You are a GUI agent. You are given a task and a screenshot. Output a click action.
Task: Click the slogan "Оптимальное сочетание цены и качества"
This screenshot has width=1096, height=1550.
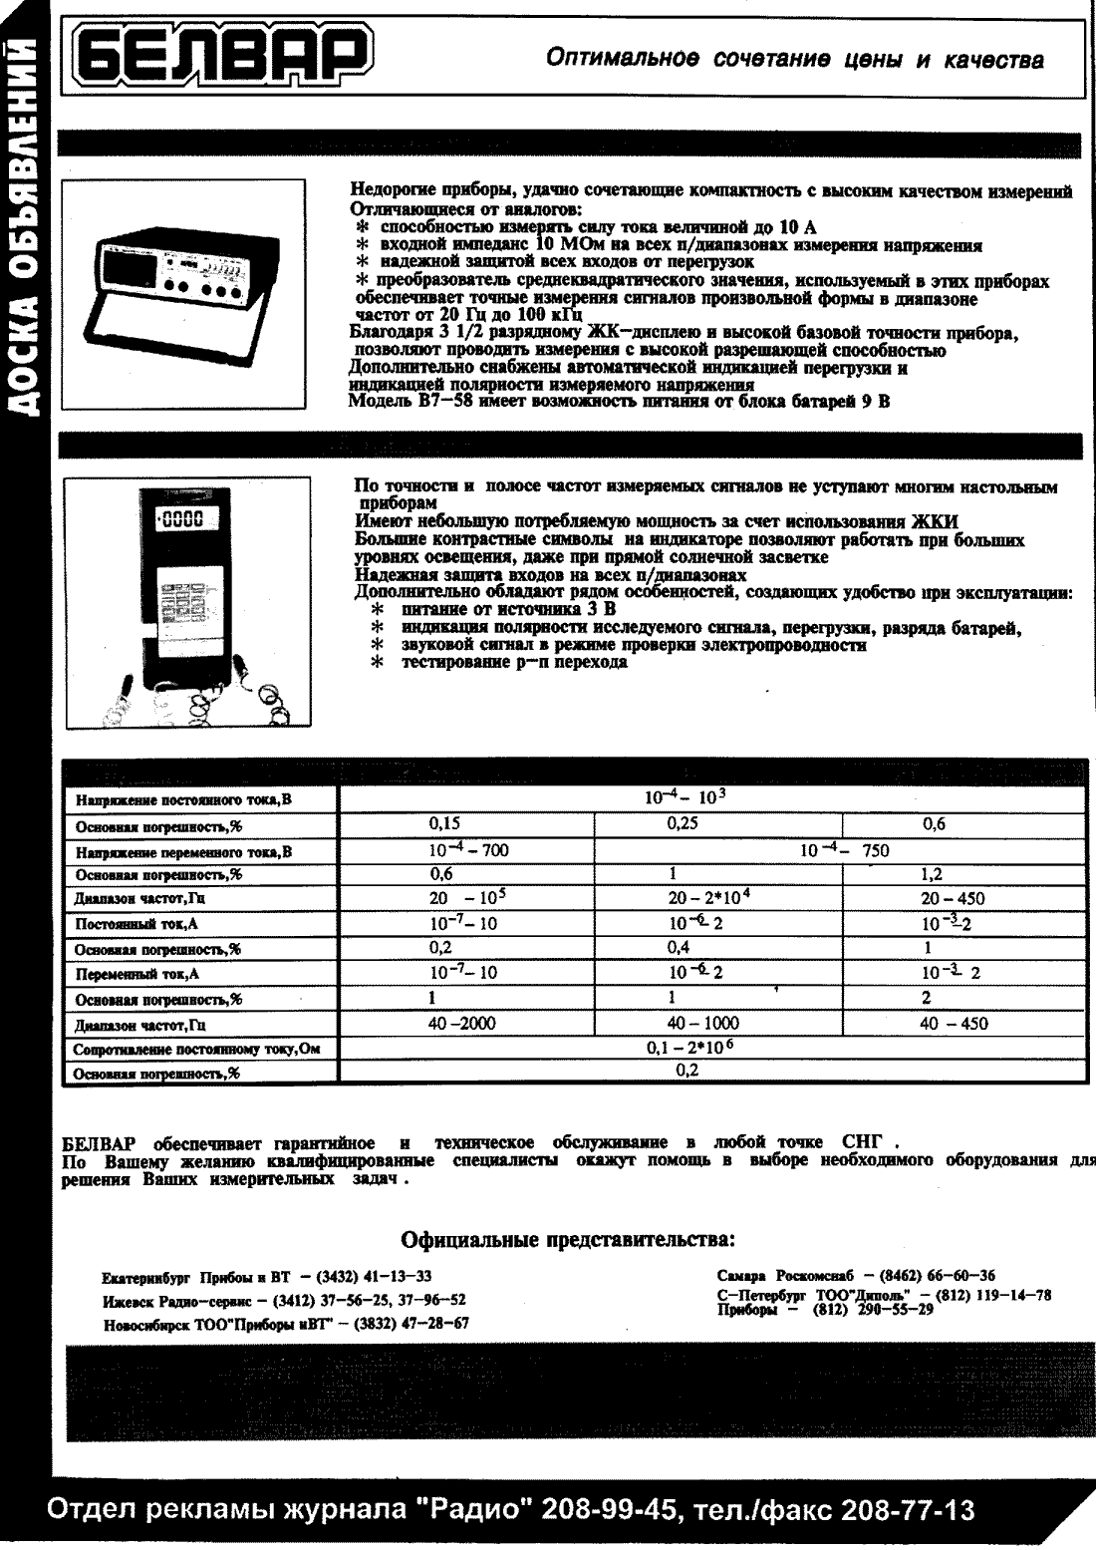pos(795,60)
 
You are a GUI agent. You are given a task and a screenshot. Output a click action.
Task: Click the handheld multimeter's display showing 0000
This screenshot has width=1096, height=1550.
pos(180,518)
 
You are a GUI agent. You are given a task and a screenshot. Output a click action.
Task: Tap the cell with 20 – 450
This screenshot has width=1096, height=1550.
pos(953,899)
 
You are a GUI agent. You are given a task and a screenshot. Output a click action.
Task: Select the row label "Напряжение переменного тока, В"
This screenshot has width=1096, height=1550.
pos(184,852)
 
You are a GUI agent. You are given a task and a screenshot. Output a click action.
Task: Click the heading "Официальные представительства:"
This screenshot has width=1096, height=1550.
pos(568,1241)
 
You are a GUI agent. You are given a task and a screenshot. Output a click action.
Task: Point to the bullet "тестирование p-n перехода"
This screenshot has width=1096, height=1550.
pos(514,663)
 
